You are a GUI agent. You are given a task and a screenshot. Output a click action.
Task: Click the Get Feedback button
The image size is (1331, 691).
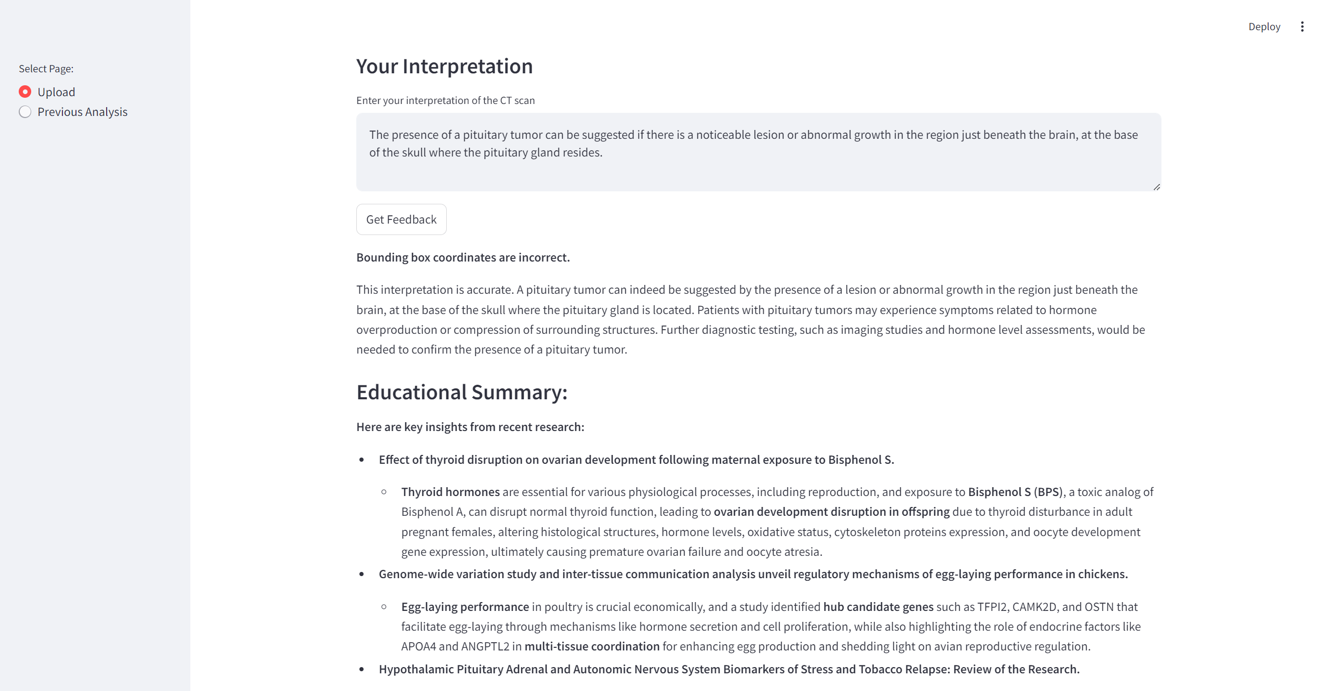[401, 219]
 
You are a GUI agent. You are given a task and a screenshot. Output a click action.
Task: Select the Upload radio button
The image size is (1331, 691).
[25, 92]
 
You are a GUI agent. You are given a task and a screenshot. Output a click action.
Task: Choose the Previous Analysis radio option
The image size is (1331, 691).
[25, 112]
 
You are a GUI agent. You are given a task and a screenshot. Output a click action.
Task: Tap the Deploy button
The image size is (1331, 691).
[1264, 27]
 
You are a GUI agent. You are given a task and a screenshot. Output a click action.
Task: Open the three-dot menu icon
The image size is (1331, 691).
[1302, 27]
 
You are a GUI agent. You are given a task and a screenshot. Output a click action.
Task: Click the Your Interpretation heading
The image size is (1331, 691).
[444, 67]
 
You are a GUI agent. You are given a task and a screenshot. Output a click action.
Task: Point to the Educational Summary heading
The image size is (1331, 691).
[461, 392]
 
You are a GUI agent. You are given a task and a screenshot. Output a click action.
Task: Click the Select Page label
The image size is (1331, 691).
[46, 69]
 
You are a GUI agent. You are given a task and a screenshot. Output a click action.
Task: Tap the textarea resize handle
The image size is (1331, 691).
[1156, 187]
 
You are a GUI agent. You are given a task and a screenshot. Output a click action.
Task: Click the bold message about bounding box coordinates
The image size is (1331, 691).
[463, 257]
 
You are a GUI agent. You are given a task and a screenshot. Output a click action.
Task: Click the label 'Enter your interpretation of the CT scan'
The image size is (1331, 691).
[445, 100]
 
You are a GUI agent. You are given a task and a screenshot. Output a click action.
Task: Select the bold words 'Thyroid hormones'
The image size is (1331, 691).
[450, 492]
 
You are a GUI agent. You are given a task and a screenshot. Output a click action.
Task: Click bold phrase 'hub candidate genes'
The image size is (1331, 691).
[878, 607]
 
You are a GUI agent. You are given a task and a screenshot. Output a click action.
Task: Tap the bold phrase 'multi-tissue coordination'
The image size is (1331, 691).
[592, 646]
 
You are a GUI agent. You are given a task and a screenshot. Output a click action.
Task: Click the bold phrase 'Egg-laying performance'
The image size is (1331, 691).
[464, 607]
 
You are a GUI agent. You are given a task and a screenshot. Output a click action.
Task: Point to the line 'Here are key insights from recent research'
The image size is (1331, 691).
[470, 427]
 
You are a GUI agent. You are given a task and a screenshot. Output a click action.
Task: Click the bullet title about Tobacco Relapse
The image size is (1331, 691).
[729, 669]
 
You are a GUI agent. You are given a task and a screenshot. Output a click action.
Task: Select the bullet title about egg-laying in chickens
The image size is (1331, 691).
[753, 574]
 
